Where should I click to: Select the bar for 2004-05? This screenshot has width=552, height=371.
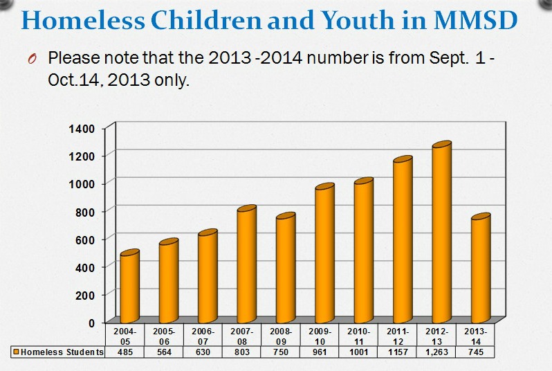pyautogui.click(x=129, y=287)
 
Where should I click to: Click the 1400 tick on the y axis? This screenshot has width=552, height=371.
pyautogui.click(x=83, y=128)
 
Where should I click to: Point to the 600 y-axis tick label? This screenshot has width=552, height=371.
pyautogui.click(x=86, y=239)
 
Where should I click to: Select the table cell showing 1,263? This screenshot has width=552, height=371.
pyautogui.click(x=441, y=352)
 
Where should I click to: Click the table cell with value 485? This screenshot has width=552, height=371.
pyautogui.click(x=129, y=352)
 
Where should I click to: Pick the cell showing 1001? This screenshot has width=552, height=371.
pyautogui.click(x=363, y=352)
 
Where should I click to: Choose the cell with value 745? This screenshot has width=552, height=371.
pyautogui.click(x=480, y=352)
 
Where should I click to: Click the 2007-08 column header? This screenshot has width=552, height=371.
pyautogui.click(x=246, y=336)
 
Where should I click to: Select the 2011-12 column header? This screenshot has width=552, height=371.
pyautogui.click(x=402, y=336)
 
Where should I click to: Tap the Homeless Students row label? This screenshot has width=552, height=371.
pyautogui.click(x=62, y=352)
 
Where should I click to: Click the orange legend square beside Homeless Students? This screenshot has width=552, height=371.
pyautogui.click(x=16, y=352)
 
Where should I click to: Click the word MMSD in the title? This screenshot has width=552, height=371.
pyautogui.click(x=475, y=21)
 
